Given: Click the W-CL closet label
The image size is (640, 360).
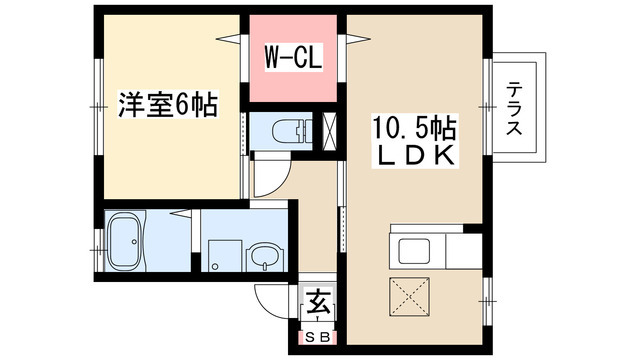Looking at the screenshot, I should tap(292, 59).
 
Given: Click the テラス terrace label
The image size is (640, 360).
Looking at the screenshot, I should tap(514, 109).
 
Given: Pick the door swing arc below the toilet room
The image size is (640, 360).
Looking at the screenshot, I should tap(268, 181).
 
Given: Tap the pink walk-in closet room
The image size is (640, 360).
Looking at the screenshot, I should tap(292, 70).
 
